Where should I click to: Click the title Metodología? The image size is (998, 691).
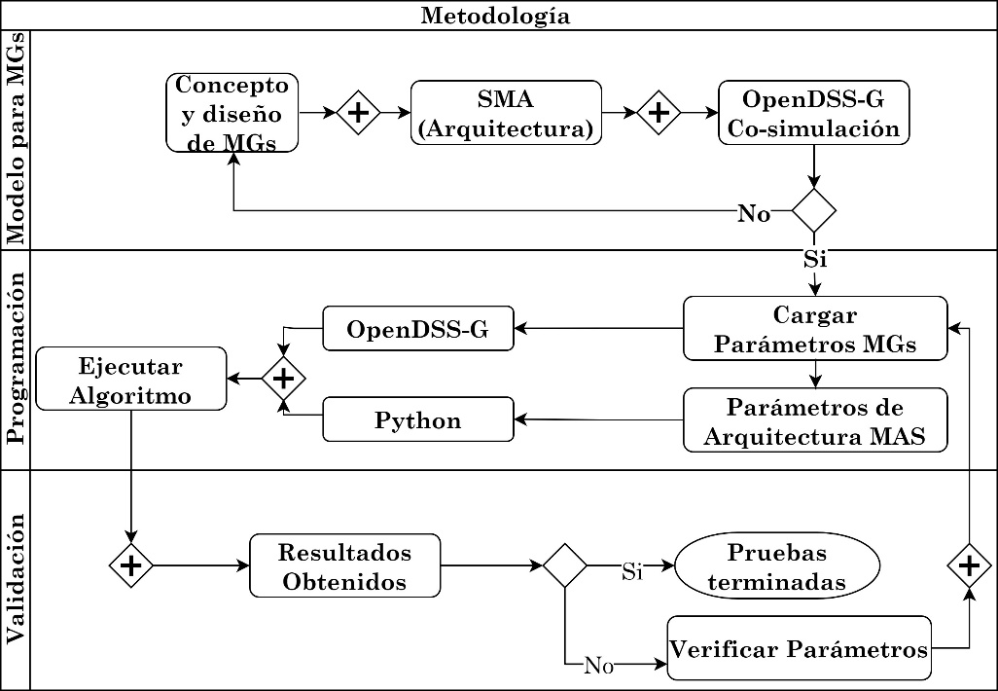click(495, 16)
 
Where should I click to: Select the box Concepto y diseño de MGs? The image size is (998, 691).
click(232, 114)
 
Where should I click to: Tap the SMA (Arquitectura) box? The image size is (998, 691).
click(506, 113)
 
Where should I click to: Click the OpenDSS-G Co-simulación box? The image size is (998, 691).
click(813, 114)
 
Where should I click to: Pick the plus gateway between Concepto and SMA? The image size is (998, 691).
click(358, 113)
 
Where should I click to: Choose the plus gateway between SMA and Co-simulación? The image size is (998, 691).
click(659, 113)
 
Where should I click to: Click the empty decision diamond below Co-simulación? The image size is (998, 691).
click(814, 209)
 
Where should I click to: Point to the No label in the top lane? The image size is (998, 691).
click(754, 214)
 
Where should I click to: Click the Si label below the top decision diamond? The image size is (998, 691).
click(815, 260)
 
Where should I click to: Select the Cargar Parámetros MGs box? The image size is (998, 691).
click(815, 329)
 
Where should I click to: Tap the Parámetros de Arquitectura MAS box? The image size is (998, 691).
click(815, 420)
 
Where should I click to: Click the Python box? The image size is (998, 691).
click(418, 420)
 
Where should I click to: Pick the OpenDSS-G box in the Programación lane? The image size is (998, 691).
click(418, 330)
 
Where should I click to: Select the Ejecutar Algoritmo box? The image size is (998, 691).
click(131, 379)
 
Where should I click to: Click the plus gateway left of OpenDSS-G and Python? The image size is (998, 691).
click(283, 377)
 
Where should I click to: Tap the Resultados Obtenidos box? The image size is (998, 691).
click(344, 566)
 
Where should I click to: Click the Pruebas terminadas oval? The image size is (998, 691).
click(776, 566)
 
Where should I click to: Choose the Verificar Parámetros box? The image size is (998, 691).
click(800, 648)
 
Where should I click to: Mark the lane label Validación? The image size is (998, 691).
click(16, 580)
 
